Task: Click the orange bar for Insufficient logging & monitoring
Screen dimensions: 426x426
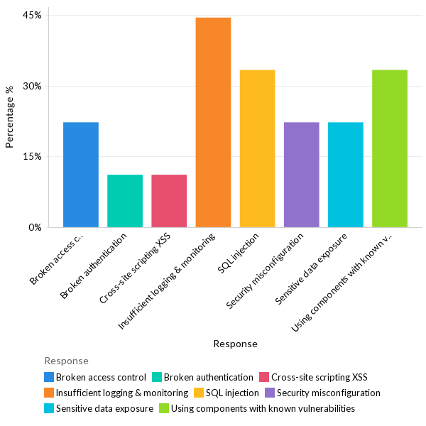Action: click(x=213, y=122)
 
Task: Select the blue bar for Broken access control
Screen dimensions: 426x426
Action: click(x=81, y=175)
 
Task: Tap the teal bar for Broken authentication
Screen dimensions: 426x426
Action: click(x=125, y=201)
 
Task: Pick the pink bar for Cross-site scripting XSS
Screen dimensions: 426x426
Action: click(x=169, y=201)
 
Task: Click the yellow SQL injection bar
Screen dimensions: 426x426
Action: click(x=257, y=148)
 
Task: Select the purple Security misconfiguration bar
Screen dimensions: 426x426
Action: click(x=301, y=175)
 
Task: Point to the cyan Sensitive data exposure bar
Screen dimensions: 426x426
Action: click(x=345, y=175)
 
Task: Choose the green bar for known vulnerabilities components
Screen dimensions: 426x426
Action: click(x=389, y=148)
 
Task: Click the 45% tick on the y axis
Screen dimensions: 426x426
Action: click(x=33, y=15)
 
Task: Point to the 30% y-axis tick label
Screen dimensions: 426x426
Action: click(x=33, y=86)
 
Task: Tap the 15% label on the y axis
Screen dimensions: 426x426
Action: click(x=33, y=157)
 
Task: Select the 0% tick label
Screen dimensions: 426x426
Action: click(x=35, y=228)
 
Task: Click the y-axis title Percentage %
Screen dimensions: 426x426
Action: click(x=10, y=117)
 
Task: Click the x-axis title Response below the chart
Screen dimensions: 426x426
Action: click(x=235, y=344)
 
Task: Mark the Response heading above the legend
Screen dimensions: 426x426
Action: click(x=66, y=361)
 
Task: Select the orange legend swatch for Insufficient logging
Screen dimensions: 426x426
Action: click(x=48, y=393)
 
